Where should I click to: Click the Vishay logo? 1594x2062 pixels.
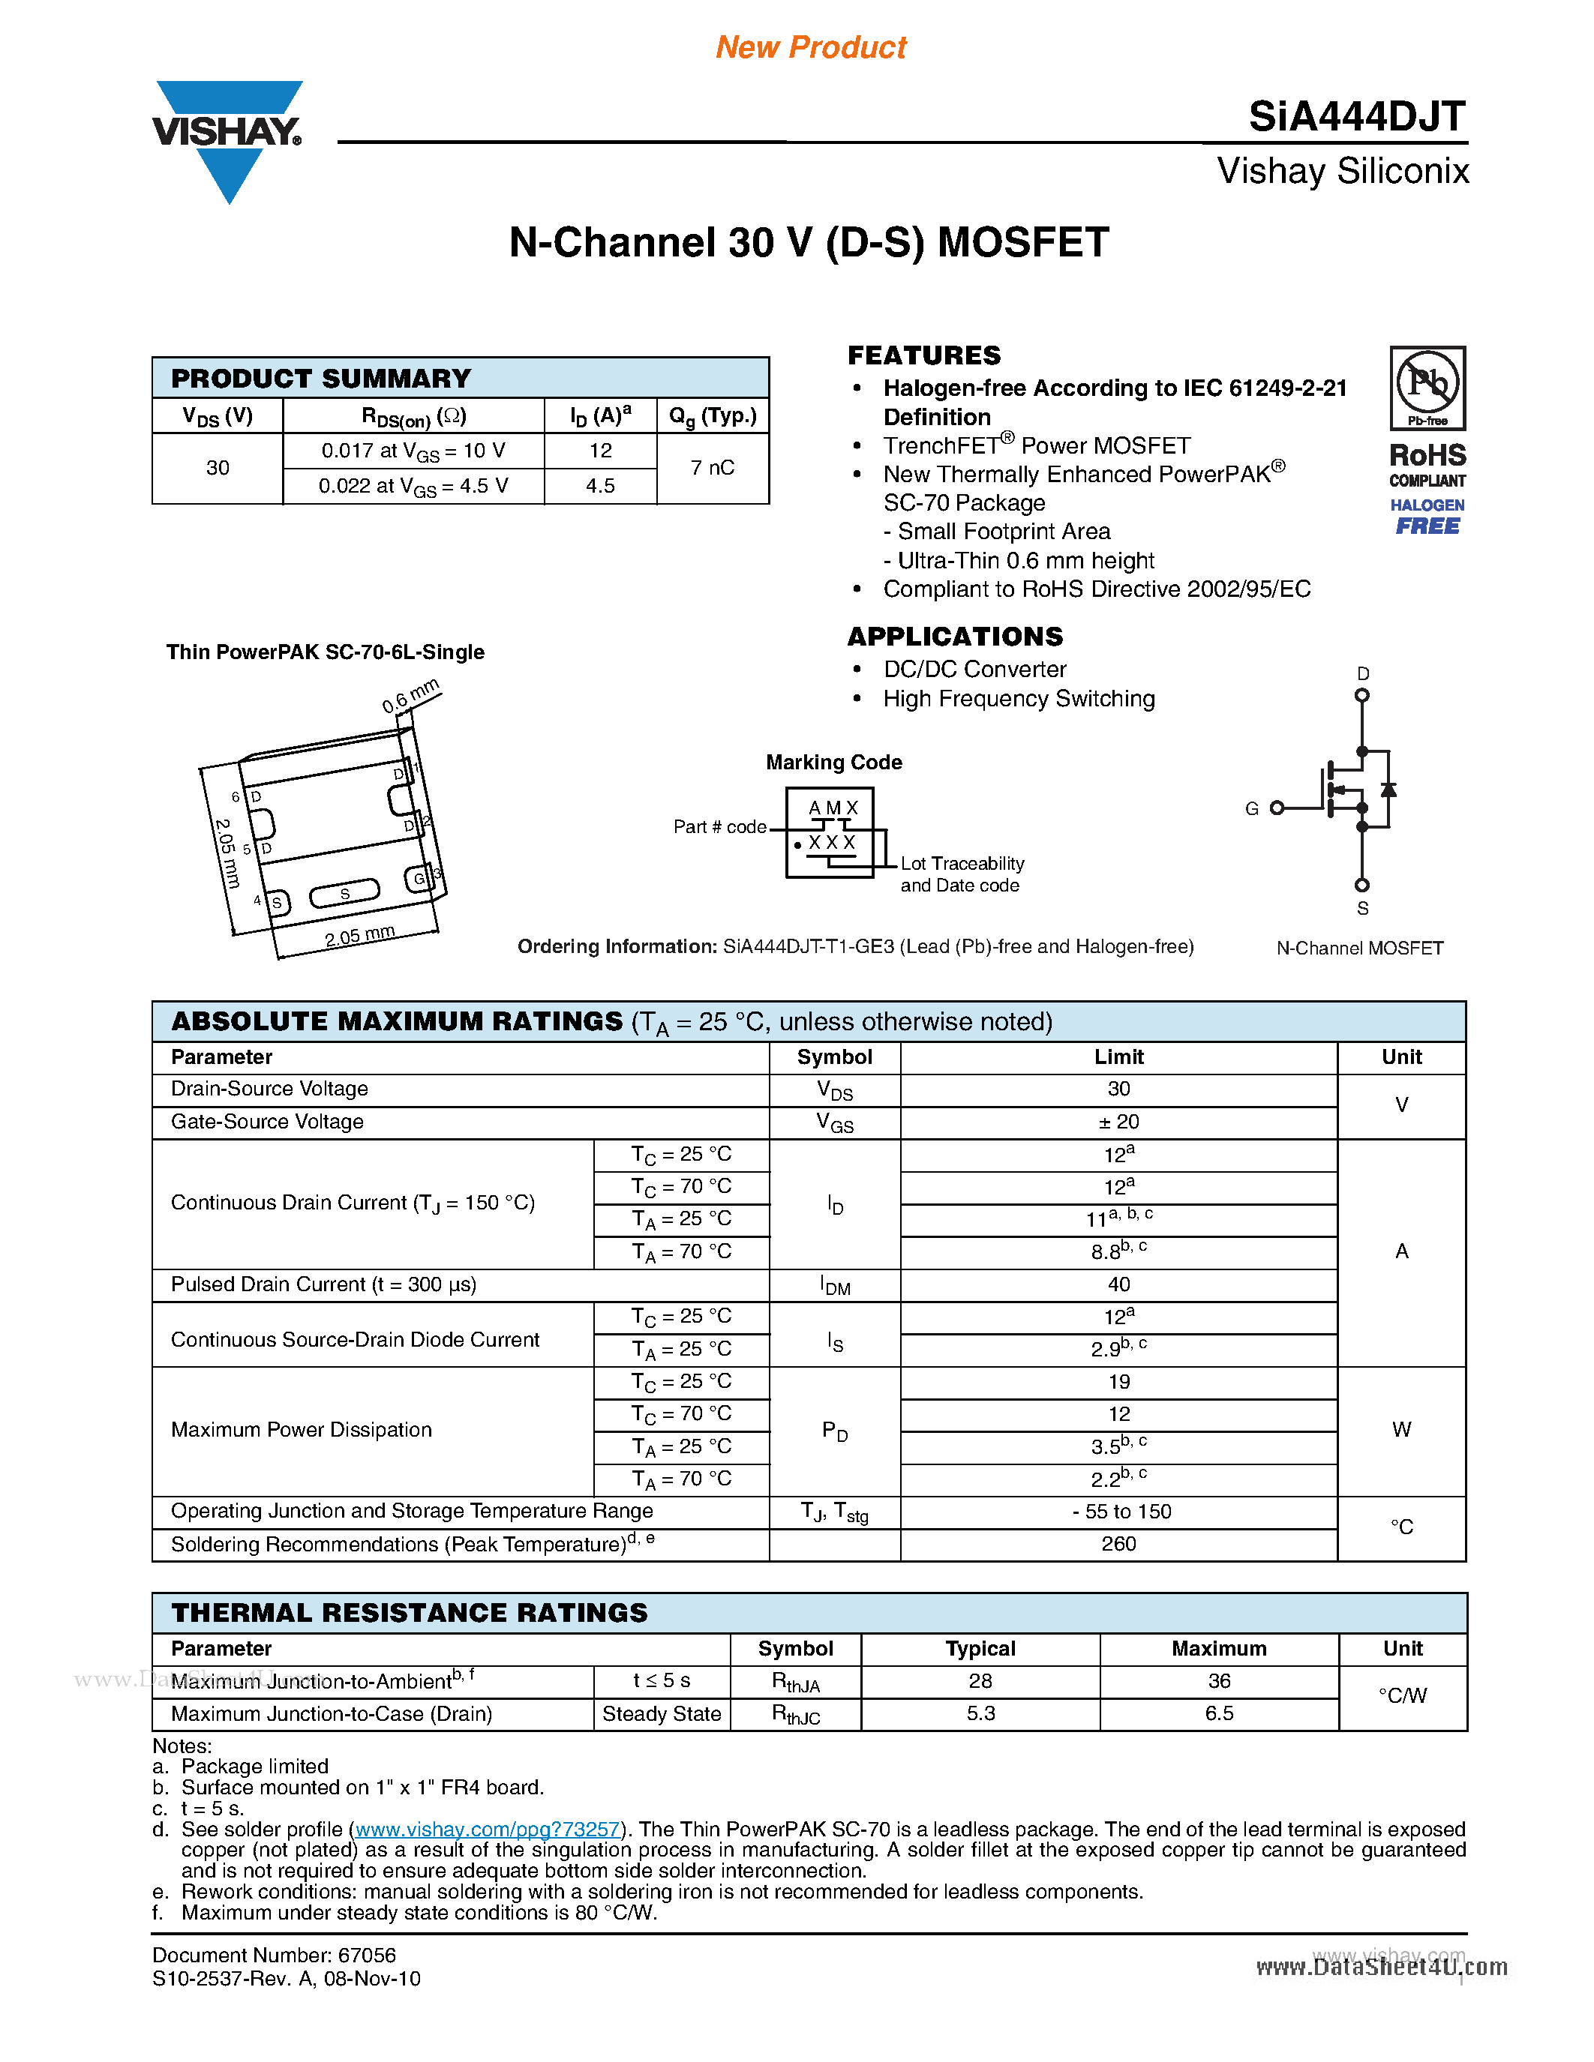pyautogui.click(x=227, y=138)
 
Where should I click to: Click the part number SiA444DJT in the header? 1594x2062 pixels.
pyautogui.click(x=1356, y=117)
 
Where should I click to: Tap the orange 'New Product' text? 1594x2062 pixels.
pyautogui.click(x=810, y=47)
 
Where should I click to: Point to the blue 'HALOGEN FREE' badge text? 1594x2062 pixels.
pyautogui.click(x=1427, y=517)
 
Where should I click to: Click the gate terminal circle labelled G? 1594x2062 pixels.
pyautogui.click(x=1277, y=808)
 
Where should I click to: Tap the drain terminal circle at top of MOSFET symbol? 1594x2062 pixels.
pyautogui.click(x=1361, y=695)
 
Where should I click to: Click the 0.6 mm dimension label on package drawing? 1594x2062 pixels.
pyautogui.click(x=411, y=696)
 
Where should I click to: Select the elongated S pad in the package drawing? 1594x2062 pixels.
pyautogui.click(x=344, y=892)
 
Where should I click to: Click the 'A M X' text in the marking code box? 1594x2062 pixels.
pyautogui.click(x=833, y=808)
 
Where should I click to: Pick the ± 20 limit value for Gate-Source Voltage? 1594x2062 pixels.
pyautogui.click(x=1118, y=1122)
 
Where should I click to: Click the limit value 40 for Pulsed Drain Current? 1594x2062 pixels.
pyautogui.click(x=1118, y=1284)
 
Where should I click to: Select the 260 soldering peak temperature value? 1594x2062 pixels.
pyautogui.click(x=1118, y=1544)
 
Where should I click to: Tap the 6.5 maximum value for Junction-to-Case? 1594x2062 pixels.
pyautogui.click(x=1218, y=1713)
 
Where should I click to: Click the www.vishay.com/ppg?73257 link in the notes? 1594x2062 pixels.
pyautogui.click(x=488, y=1829)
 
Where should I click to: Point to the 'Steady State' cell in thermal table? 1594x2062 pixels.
pyautogui.click(x=661, y=1713)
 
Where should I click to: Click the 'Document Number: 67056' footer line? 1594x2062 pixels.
pyautogui.click(x=274, y=1956)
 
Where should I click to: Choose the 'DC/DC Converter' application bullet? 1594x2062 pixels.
pyautogui.click(x=974, y=670)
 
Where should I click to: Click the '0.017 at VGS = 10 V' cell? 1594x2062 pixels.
pyautogui.click(x=413, y=451)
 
